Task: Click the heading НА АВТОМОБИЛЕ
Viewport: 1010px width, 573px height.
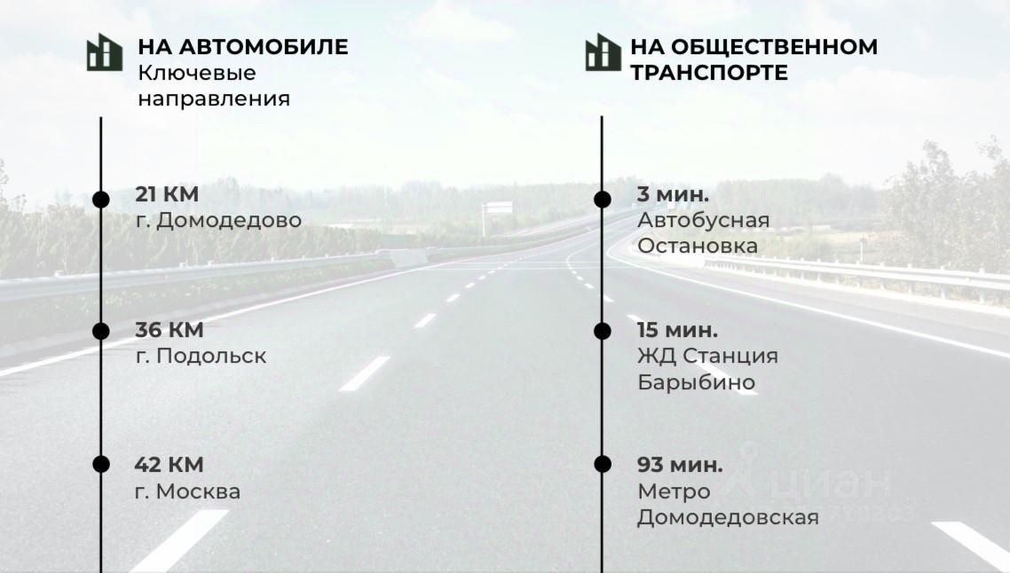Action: pyautogui.click(x=242, y=47)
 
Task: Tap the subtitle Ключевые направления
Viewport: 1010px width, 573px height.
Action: pyautogui.click(x=213, y=85)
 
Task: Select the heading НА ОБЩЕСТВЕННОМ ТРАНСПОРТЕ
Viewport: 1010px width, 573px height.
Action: pyautogui.click(x=753, y=59)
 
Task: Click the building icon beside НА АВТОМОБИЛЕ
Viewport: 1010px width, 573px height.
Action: pyautogui.click(x=105, y=52)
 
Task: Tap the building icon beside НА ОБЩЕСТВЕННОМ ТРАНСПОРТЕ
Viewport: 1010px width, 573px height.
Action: pyautogui.click(x=603, y=52)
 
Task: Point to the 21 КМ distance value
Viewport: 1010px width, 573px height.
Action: pyautogui.click(x=167, y=194)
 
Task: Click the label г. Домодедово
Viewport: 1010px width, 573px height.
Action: pyautogui.click(x=217, y=220)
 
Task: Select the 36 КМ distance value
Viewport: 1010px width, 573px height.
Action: pyautogui.click(x=169, y=330)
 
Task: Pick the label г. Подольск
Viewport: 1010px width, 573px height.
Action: pyautogui.click(x=200, y=357)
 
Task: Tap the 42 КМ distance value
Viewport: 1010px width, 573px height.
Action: pyautogui.click(x=169, y=464)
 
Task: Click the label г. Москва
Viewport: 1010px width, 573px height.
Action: pyautogui.click(x=186, y=491)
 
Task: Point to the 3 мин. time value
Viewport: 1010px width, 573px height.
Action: pyautogui.click(x=673, y=194)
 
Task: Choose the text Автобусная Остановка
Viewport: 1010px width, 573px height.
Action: pyautogui.click(x=702, y=232)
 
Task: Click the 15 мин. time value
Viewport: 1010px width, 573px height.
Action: pyautogui.click(x=677, y=330)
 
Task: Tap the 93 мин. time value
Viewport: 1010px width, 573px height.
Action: pyautogui.click(x=679, y=464)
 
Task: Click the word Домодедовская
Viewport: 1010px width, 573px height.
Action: pyautogui.click(x=727, y=517)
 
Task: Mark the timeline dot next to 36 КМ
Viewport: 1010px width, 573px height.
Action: pyautogui.click(x=101, y=331)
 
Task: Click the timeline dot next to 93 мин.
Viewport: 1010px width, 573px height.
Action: pyautogui.click(x=603, y=464)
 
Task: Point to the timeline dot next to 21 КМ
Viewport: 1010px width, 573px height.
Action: pyautogui.click(x=101, y=199)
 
